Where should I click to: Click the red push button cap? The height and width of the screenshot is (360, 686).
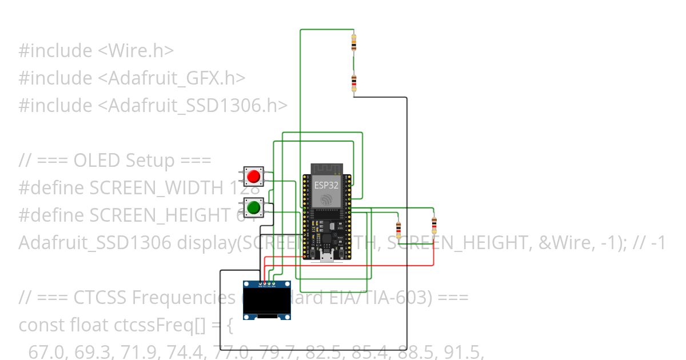click(254, 177)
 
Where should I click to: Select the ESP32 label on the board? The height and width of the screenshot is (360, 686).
click(326, 185)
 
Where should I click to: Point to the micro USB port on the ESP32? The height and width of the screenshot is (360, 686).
click(327, 257)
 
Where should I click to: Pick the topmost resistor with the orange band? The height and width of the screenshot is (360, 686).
click(354, 42)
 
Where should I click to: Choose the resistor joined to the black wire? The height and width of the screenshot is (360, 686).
click(354, 83)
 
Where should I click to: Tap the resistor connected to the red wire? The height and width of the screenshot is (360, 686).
click(434, 225)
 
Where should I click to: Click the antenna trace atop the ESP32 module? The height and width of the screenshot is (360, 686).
click(326, 169)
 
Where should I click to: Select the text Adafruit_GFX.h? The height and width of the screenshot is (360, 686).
click(177, 78)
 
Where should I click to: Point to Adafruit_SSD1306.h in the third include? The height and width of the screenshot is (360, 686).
click(197, 106)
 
